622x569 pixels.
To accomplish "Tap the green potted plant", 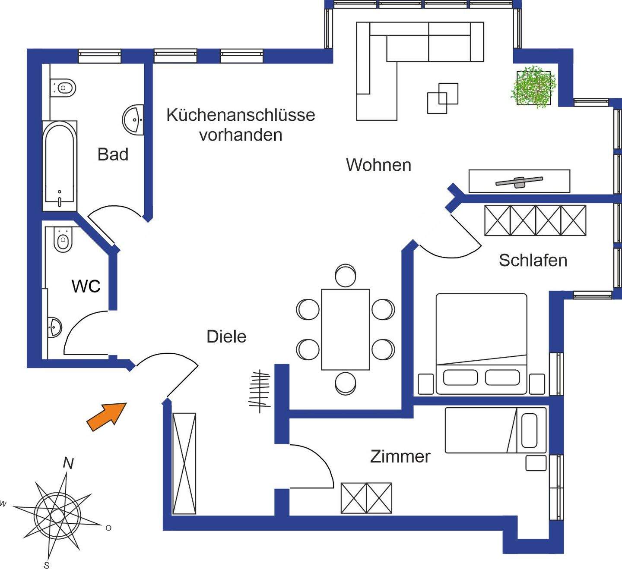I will (533, 87).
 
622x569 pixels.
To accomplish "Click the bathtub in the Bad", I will (60, 166).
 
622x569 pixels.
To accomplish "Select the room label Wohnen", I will (378, 165).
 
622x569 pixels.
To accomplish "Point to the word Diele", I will (226, 337).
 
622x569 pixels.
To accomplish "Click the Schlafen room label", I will (533, 261).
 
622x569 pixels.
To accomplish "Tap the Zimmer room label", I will (400, 456).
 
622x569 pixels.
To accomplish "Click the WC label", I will (86, 286).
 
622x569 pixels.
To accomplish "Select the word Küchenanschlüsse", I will (241, 115).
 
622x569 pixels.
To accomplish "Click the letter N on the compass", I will (68, 463).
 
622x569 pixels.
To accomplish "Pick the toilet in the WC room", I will (63, 240).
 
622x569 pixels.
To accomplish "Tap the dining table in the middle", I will (345, 330).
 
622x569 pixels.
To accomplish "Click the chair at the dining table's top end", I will (345, 275).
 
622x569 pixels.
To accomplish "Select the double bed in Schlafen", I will (481, 343).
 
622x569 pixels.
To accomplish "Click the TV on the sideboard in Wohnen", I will (519, 182).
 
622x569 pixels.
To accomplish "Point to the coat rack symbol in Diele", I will (260, 391).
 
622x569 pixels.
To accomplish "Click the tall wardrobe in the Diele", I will (184, 463).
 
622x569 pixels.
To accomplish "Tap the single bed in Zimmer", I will (495, 430).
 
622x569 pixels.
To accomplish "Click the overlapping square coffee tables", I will (442, 98).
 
